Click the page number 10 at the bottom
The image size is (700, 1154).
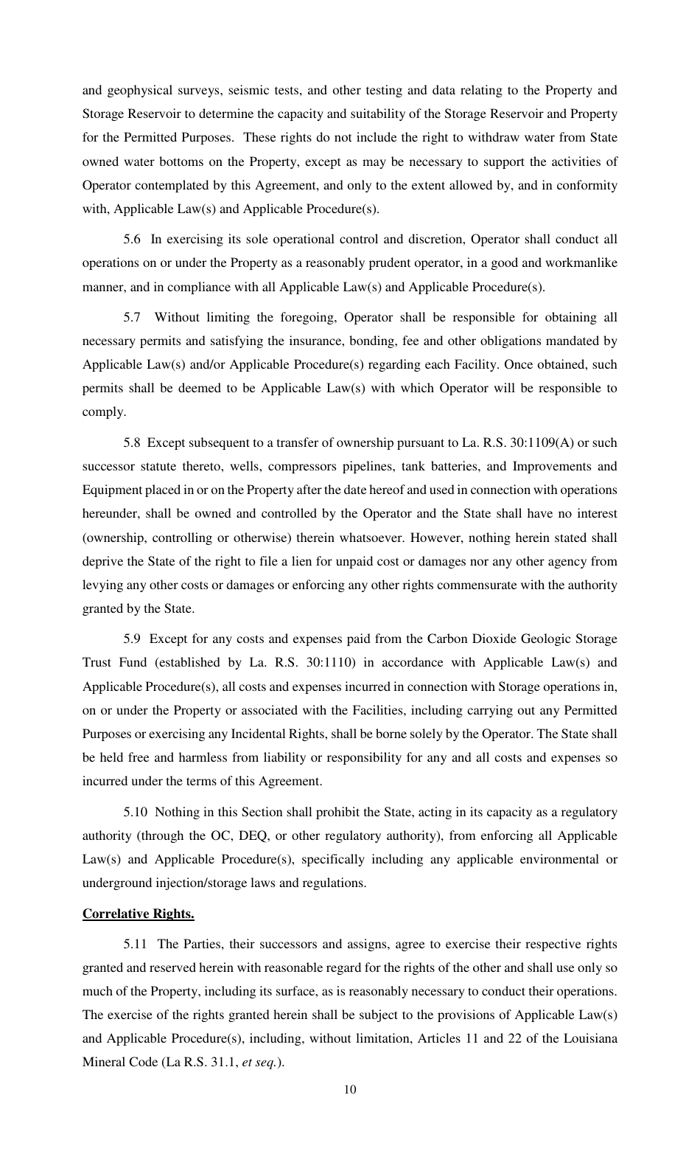350,1090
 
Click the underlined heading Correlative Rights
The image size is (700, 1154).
138,914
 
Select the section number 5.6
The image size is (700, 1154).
132,239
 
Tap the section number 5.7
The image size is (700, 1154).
132,317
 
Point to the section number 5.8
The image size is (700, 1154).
132,442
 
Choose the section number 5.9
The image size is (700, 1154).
132,639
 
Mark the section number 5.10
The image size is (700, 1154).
135,812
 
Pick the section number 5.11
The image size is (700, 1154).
135,944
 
